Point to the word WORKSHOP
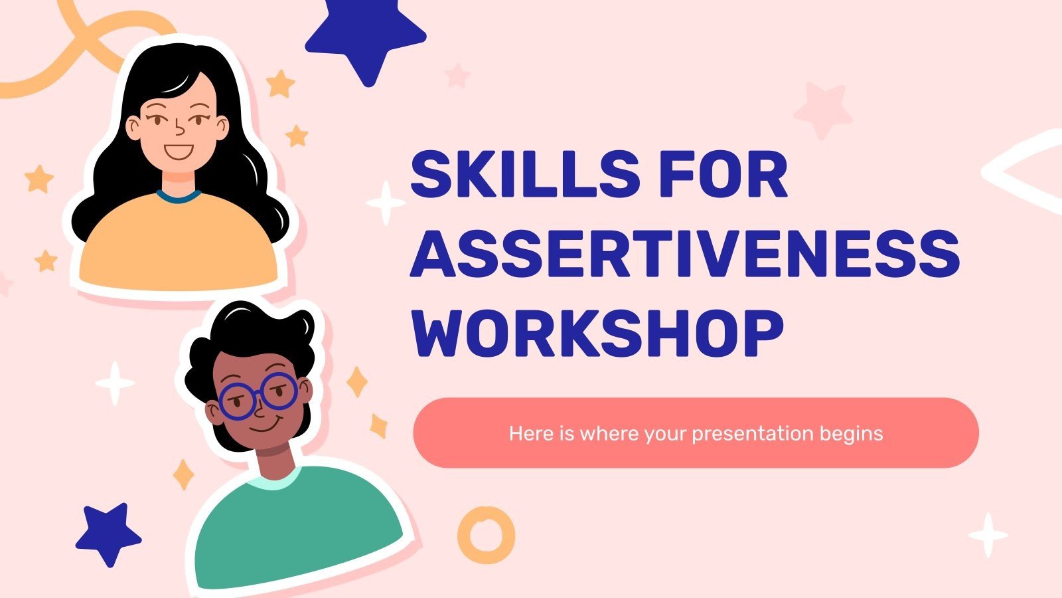(597, 334)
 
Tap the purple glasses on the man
(259, 397)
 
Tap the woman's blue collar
(179, 196)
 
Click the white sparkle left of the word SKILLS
(386, 202)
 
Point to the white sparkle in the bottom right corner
(988, 535)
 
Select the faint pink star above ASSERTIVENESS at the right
(823, 110)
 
